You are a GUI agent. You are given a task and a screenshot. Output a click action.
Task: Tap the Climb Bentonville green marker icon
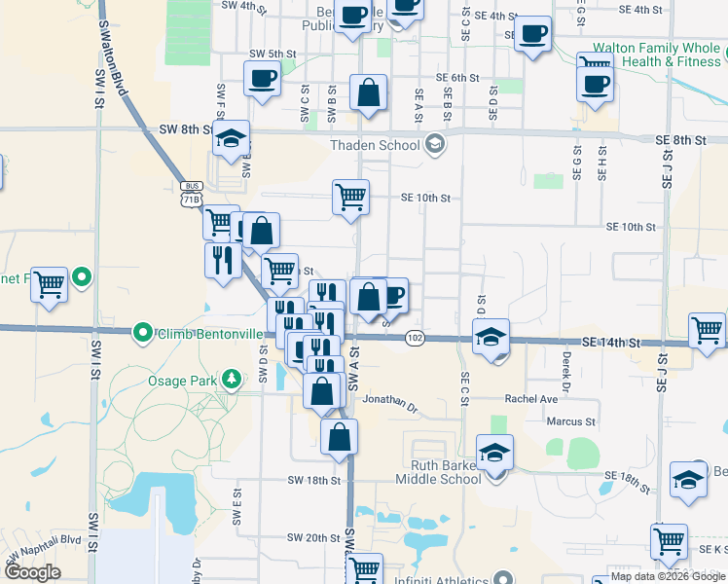pos(143,334)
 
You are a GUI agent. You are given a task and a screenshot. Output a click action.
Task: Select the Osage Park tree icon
pos(232,378)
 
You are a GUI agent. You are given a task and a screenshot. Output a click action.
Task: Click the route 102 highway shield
pos(416,338)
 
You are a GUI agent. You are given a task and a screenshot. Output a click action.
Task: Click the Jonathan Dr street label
pos(389,399)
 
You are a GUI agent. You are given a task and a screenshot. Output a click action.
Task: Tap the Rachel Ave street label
pos(530,399)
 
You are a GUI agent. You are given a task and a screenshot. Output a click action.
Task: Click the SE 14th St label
pos(612,343)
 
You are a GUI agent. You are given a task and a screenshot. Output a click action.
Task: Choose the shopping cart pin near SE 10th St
pos(350,197)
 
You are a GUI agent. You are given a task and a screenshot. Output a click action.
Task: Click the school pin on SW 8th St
pos(232,139)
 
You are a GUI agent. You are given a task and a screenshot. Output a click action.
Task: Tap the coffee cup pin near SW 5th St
pos(263,78)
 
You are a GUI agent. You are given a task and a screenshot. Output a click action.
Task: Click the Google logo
pos(32,571)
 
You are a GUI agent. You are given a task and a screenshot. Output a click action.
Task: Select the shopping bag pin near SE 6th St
pos(369,93)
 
